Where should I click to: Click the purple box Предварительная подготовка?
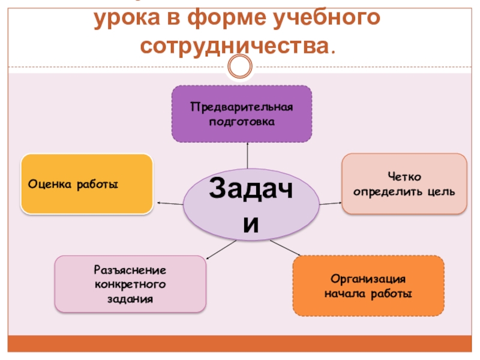[242, 114]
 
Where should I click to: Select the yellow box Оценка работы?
[86, 184]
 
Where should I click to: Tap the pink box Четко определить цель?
[404, 184]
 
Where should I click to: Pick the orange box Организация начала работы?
[368, 286]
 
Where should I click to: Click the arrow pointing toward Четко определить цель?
[330, 203]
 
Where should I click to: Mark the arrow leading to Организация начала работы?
[281, 248]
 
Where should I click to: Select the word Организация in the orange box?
[368, 280]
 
